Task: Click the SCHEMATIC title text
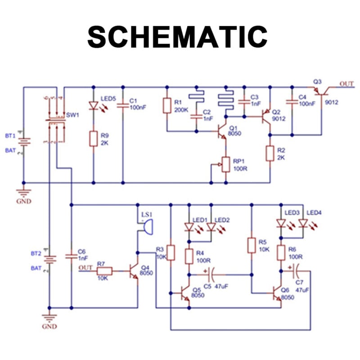tap(177, 36)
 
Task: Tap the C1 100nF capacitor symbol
tap(122, 106)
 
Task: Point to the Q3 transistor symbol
tap(321, 91)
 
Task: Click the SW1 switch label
tap(72, 115)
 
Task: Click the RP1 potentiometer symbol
tap(225, 164)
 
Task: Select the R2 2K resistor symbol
tap(270, 153)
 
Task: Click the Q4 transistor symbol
tap(134, 272)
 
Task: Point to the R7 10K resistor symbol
tap(104, 271)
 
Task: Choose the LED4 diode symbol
tap(302, 223)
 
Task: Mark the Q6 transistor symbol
tap(277, 293)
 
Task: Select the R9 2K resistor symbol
tap(93, 138)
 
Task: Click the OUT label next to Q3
tap(346, 84)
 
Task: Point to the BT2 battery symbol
tap(49, 261)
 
